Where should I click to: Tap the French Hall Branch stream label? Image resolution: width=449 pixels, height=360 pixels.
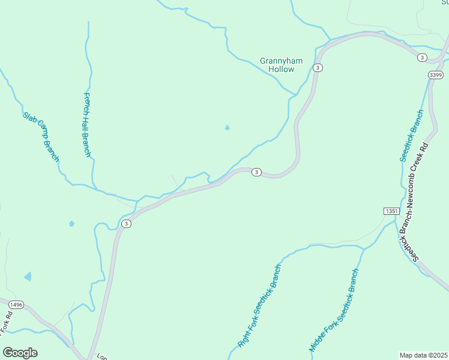(x=86, y=125)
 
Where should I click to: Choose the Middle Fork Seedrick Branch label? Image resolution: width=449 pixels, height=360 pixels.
(x=334, y=310)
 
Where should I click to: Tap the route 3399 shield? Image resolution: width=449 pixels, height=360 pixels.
(x=436, y=74)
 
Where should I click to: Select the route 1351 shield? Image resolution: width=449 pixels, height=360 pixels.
(x=391, y=211)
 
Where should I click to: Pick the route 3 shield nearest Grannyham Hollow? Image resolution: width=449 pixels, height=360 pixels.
(x=318, y=68)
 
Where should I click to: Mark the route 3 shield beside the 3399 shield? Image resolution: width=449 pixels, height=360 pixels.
(x=423, y=58)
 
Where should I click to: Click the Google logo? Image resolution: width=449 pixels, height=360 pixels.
(x=20, y=352)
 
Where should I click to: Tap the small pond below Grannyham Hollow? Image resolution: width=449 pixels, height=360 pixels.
(x=227, y=127)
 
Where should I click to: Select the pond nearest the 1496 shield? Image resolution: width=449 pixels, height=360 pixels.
(x=28, y=276)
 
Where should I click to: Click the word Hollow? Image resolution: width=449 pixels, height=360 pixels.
(x=282, y=70)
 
